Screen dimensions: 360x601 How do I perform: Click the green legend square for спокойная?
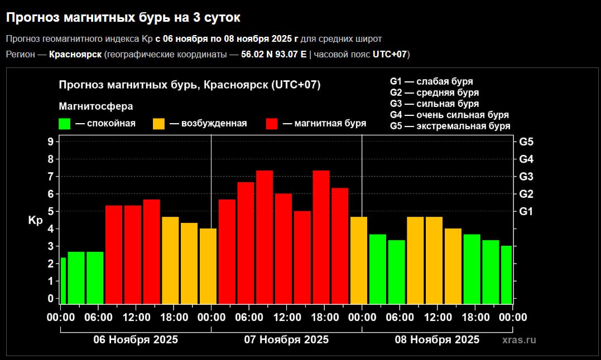pos(64,124)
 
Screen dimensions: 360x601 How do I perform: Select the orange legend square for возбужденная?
pos(158,124)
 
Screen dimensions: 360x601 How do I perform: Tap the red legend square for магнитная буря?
pos(272,124)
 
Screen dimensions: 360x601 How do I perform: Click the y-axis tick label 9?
pos(50,142)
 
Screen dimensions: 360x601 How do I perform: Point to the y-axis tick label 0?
pos(50,299)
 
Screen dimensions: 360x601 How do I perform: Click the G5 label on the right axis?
pos(526,142)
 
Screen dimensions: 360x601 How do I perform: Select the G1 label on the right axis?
pos(526,211)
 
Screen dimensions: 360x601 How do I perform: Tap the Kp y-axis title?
pos(35,221)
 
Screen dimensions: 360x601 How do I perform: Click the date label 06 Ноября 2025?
pos(136,339)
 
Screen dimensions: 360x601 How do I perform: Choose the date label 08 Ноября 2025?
pos(437,339)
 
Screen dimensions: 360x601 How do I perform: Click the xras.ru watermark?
pos(519,339)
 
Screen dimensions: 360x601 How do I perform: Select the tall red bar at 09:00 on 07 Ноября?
pos(265,237)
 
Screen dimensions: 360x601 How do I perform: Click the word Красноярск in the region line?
pos(75,54)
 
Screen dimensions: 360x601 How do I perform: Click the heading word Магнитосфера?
pos(96,106)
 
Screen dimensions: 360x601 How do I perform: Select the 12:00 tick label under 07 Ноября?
pos(287,318)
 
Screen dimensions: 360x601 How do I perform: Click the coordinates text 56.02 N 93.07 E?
pos(274,54)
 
